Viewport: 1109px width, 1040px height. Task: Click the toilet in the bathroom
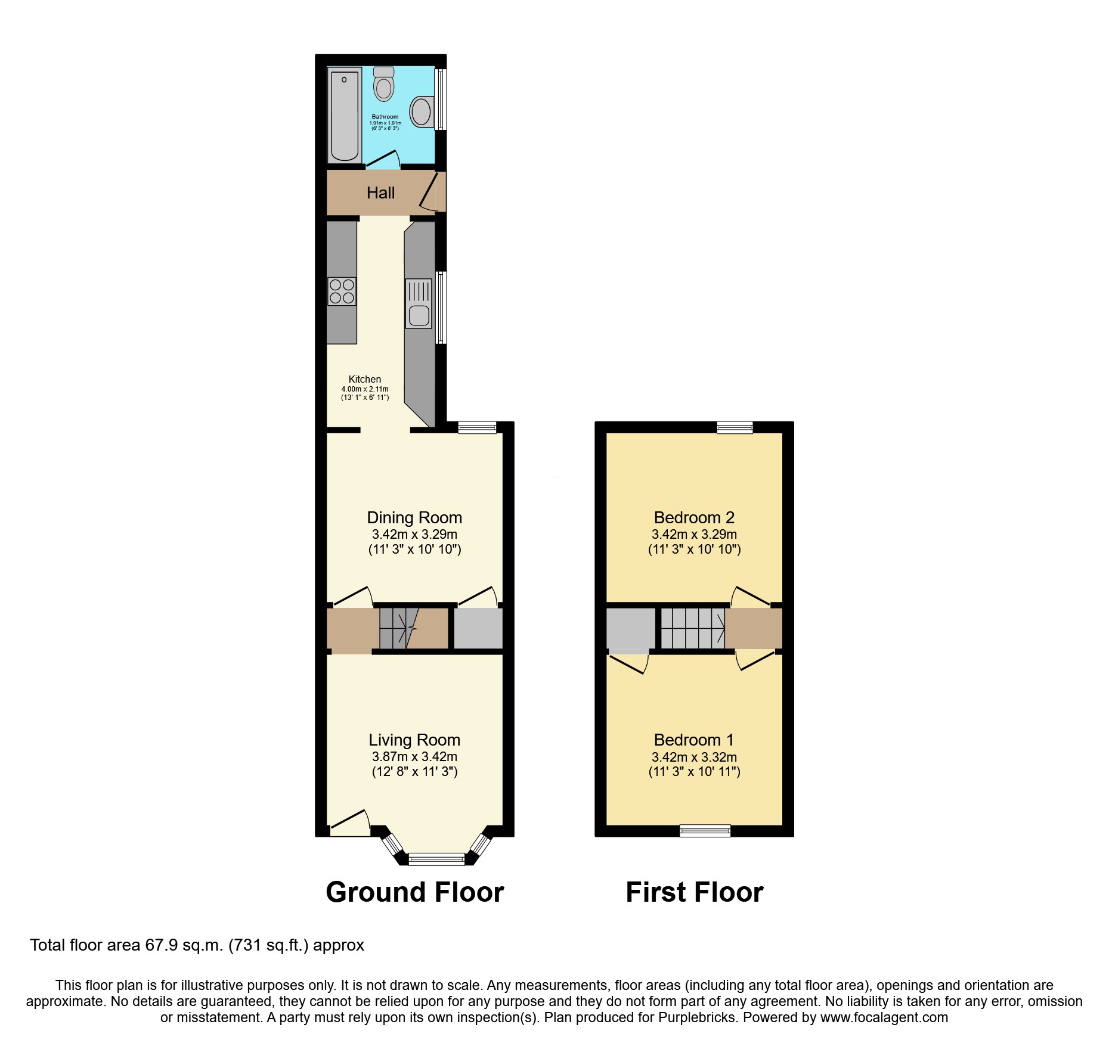pyautogui.click(x=384, y=85)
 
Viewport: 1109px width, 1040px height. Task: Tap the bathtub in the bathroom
pyautogui.click(x=344, y=115)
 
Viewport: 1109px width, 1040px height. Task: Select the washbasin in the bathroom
pyautogui.click(x=422, y=111)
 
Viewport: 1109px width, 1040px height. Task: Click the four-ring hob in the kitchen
pyautogui.click(x=342, y=291)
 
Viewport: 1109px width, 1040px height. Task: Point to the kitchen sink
pyautogui.click(x=419, y=304)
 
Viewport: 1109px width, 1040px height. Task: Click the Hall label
pyautogui.click(x=380, y=193)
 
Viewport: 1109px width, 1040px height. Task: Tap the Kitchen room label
pyautogui.click(x=365, y=379)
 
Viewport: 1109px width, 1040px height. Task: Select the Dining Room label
pyautogui.click(x=414, y=517)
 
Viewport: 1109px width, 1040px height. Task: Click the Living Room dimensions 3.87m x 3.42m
pyautogui.click(x=414, y=757)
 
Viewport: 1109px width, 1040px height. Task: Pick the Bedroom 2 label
pyautogui.click(x=694, y=517)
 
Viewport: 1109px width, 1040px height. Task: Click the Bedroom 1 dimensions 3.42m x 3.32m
pyautogui.click(x=694, y=758)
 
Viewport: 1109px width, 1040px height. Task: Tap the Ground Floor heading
pyautogui.click(x=415, y=892)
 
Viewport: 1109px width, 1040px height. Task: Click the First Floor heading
pyautogui.click(x=695, y=892)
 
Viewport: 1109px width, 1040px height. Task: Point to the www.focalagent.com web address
pyautogui.click(x=884, y=1017)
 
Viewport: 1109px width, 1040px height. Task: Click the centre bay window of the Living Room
pyautogui.click(x=436, y=859)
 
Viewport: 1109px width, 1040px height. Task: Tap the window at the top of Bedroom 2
pyautogui.click(x=735, y=427)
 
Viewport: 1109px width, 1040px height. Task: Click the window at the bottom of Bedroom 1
pyautogui.click(x=705, y=830)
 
